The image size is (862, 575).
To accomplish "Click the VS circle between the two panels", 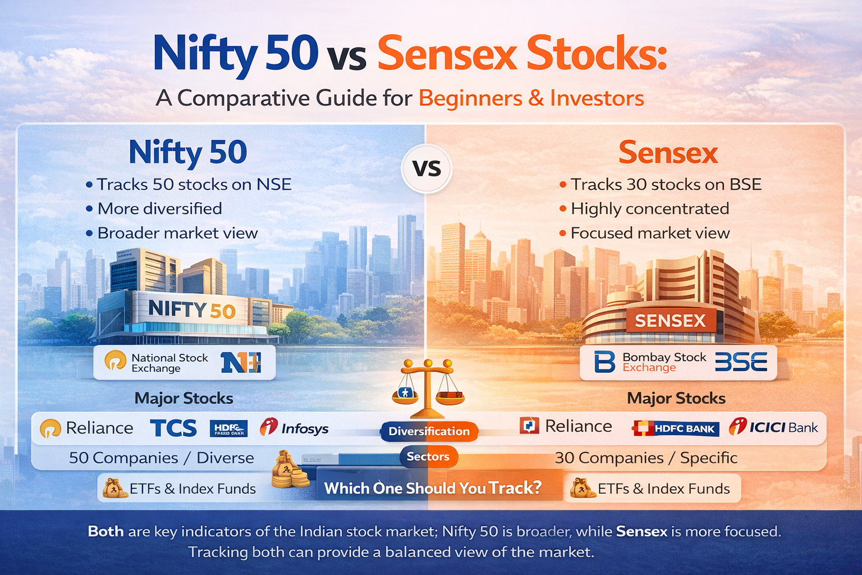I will (x=427, y=168).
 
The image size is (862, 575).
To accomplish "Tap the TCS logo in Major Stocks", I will (x=173, y=428).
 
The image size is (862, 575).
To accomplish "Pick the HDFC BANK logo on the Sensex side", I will (x=676, y=428).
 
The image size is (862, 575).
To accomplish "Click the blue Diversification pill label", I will (x=429, y=431).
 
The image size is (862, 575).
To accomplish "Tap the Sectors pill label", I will (x=428, y=457).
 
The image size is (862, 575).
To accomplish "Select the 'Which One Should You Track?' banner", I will (x=433, y=488).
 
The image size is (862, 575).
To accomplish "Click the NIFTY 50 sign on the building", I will (x=191, y=309).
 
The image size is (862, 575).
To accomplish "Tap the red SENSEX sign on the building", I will (x=670, y=321).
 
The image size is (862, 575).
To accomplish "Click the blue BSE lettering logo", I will (x=741, y=362).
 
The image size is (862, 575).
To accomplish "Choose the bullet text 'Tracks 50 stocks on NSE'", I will (x=194, y=184).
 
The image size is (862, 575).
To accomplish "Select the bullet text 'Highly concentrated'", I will (x=649, y=208).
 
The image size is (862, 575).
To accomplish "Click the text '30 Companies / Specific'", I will (x=646, y=458).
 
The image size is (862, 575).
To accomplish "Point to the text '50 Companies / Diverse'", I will (x=161, y=458).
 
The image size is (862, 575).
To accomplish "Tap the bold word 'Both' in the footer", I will (x=106, y=531).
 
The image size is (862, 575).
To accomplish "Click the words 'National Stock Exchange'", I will (x=169, y=363).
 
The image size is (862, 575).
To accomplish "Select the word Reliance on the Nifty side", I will (x=99, y=428).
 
